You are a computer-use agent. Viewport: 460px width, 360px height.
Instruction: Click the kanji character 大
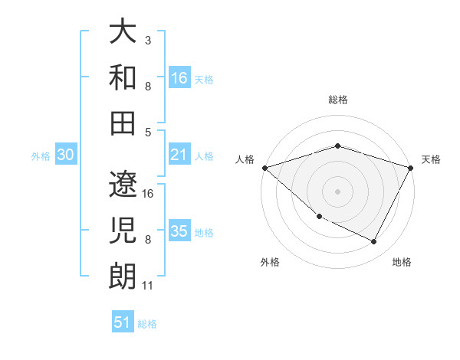click(x=123, y=31)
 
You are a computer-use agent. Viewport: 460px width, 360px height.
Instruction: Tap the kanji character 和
click(x=123, y=77)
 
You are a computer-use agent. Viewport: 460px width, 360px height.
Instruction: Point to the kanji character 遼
click(x=123, y=185)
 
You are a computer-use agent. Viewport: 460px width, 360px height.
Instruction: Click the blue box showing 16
click(x=179, y=77)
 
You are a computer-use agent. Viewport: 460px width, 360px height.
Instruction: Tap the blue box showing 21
click(x=179, y=155)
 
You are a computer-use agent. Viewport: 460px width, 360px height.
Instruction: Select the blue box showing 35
click(x=179, y=231)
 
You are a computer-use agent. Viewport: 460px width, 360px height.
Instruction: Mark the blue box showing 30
click(x=65, y=155)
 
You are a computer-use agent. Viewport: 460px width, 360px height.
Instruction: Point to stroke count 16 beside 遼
click(x=149, y=194)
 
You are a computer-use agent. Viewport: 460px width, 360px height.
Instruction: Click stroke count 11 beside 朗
click(x=148, y=286)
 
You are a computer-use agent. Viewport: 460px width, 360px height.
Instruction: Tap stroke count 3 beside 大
click(x=147, y=39)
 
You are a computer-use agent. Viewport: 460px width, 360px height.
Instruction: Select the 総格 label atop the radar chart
click(x=337, y=100)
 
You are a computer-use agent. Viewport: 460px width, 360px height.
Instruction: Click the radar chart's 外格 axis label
click(x=270, y=262)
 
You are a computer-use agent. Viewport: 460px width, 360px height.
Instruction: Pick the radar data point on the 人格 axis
click(x=264, y=168)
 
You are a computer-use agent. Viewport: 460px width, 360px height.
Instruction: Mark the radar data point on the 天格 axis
click(x=411, y=168)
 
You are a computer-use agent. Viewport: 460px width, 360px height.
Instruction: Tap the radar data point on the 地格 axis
click(x=374, y=241)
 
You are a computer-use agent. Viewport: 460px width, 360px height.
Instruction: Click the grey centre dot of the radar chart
click(x=337, y=191)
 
